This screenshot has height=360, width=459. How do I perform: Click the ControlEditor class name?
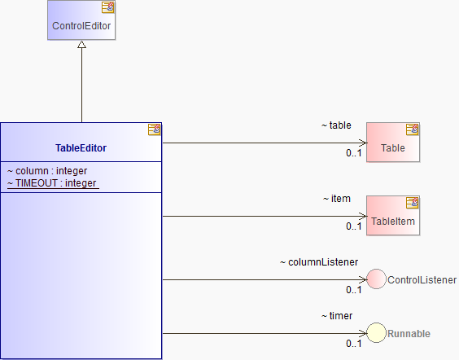[x=81, y=26]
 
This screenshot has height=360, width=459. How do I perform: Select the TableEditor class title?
[x=81, y=148]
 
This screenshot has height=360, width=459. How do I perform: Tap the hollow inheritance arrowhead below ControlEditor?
[x=81, y=44]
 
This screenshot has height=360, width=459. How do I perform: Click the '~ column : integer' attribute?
[x=47, y=171]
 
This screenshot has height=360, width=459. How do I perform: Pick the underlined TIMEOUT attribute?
[x=52, y=183]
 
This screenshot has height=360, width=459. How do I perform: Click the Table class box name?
[x=393, y=148]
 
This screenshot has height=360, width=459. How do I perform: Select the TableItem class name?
[x=393, y=222]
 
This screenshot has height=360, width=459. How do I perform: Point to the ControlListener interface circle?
[x=377, y=279]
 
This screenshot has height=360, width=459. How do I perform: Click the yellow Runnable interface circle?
[x=377, y=333]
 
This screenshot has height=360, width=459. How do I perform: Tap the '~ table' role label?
[x=336, y=125]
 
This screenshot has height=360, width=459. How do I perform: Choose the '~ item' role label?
[x=337, y=199]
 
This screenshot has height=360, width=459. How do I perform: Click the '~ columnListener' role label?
[x=319, y=262]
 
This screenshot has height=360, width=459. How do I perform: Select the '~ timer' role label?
[x=337, y=316]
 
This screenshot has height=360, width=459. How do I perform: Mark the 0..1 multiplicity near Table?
[x=354, y=153]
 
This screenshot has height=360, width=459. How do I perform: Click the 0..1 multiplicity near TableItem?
[x=354, y=226]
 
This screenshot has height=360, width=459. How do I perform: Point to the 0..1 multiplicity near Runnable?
[x=354, y=344]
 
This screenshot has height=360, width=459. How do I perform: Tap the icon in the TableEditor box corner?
[x=155, y=130]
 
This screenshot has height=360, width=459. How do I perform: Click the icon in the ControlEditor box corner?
[x=108, y=7]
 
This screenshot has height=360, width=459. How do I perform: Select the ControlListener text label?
[x=422, y=280]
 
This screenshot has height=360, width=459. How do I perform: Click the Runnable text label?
[x=409, y=334]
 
